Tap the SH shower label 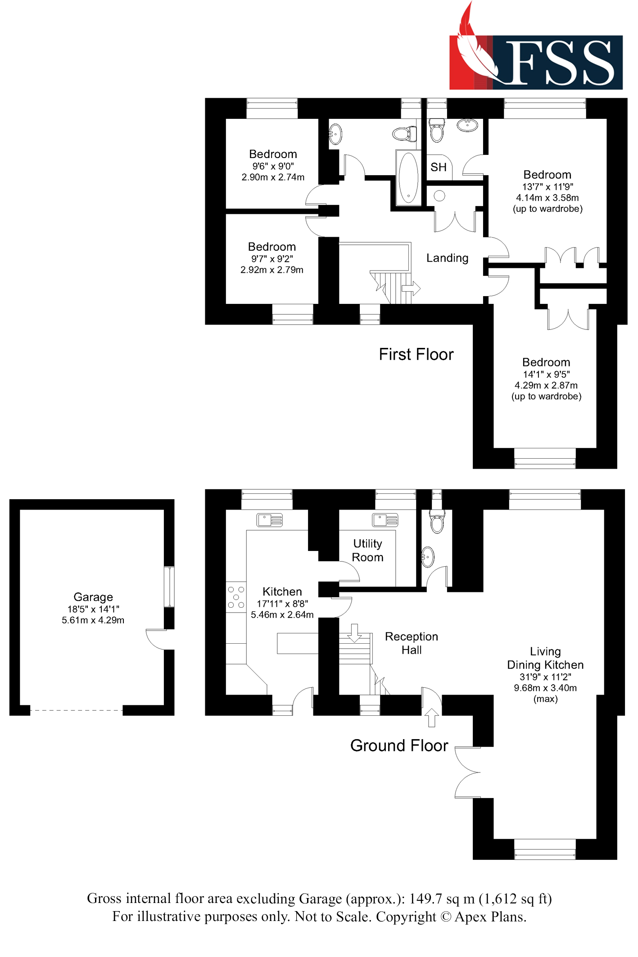click(x=438, y=167)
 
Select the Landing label click(x=447, y=258)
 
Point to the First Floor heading click(x=416, y=354)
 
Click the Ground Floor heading click(x=399, y=745)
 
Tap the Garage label click(x=93, y=597)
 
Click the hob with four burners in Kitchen click(x=236, y=597)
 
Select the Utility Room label click(x=367, y=550)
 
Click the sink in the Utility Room click(x=385, y=520)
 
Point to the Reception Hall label click(x=411, y=643)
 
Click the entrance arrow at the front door click(x=431, y=717)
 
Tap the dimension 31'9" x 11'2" click(x=545, y=677)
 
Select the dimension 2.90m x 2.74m click(x=273, y=177)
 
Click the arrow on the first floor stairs click(x=411, y=288)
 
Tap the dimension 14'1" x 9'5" click(x=546, y=374)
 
